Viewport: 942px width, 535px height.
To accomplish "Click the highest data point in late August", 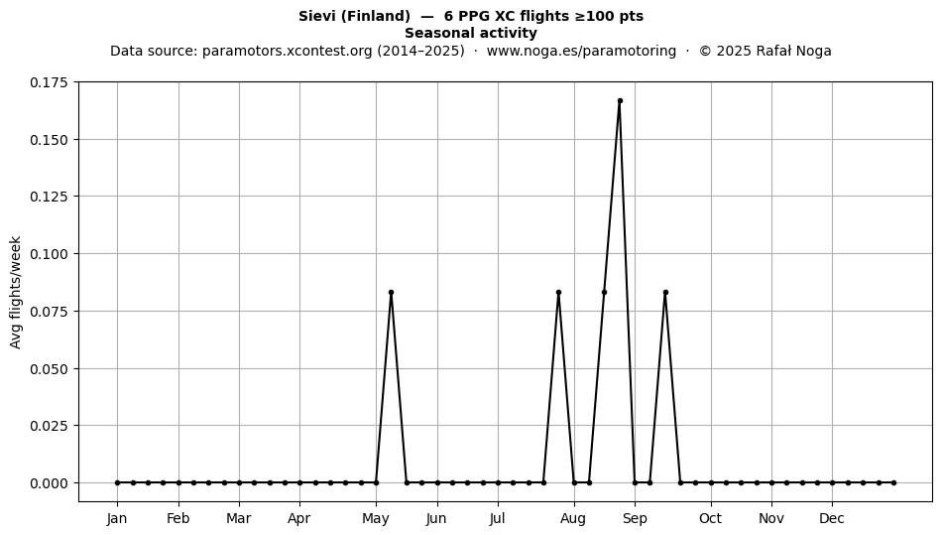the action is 620,101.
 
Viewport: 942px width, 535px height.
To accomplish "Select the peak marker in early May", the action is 391,292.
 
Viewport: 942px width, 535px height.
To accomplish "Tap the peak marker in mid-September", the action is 665,292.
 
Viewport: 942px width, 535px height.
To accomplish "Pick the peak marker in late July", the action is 558,292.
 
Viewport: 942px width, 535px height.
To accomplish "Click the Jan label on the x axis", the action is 117,519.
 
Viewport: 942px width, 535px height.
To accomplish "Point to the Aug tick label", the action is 574,519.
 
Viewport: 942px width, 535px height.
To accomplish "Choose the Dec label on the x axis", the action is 832,519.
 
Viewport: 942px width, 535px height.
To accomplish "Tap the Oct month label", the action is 711,519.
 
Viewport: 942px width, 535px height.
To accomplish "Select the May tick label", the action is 376,519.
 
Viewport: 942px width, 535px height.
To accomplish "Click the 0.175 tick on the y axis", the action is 51,82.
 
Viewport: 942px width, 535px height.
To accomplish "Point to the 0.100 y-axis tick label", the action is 51,254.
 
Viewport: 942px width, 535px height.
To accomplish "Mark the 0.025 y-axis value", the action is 51,426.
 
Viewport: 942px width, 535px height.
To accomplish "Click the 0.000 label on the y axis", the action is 51,483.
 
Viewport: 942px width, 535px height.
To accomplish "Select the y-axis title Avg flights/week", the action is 16,292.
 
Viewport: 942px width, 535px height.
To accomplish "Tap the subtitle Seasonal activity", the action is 471,33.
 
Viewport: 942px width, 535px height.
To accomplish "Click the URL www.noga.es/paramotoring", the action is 581,51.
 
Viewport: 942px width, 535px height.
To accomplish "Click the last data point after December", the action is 894,482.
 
